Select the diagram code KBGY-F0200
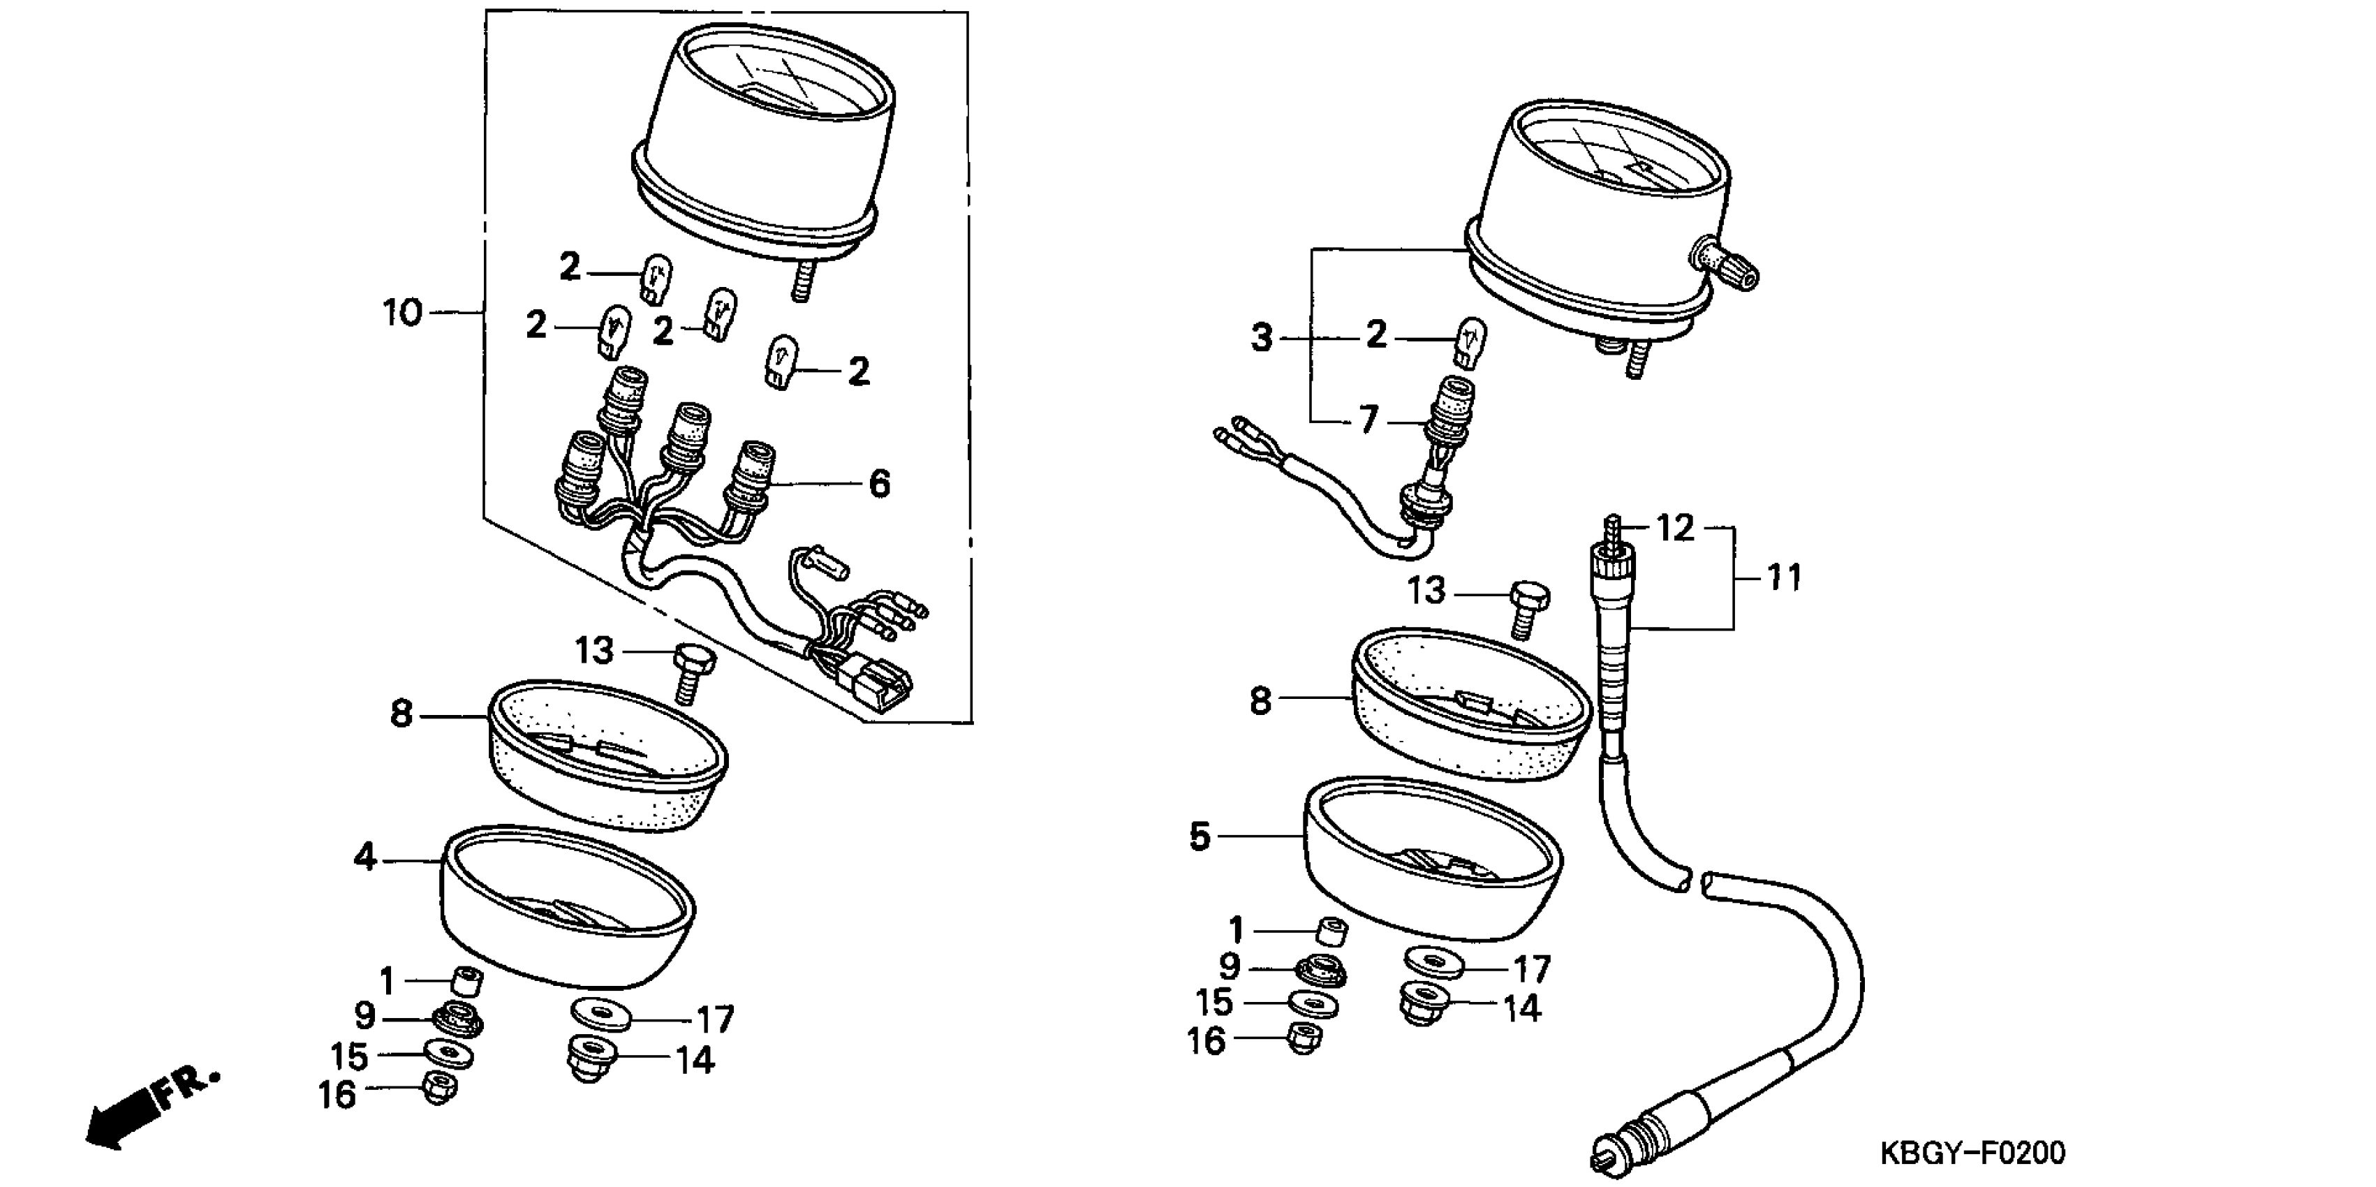click(1973, 1153)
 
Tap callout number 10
click(402, 314)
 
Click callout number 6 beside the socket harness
click(879, 483)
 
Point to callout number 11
click(1783, 578)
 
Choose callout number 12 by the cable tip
click(1675, 529)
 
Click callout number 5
click(1198, 837)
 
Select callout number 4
click(365, 857)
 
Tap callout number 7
click(1368, 420)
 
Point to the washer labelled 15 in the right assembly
click(1313, 1003)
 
